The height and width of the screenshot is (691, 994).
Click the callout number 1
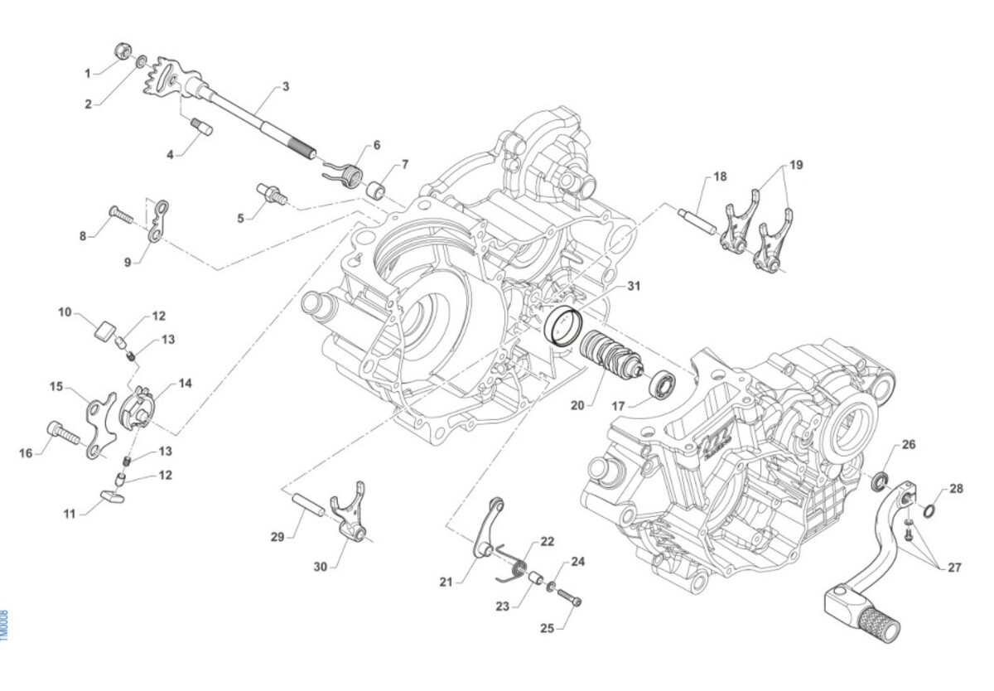pos(88,74)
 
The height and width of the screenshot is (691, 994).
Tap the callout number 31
pos(634,287)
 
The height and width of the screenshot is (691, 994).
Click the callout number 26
pos(909,445)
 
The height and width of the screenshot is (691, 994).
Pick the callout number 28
pos(957,489)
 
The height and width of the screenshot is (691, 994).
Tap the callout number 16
pos(26,452)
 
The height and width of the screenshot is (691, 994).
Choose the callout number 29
pos(277,537)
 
